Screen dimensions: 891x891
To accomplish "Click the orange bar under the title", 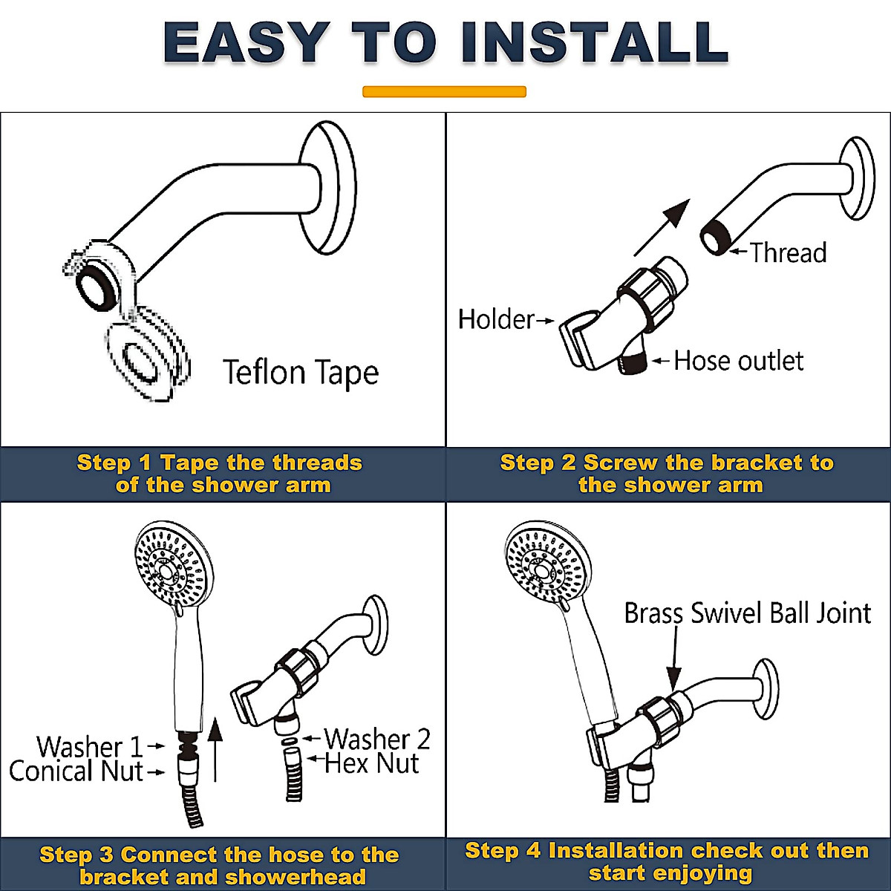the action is (x=444, y=91).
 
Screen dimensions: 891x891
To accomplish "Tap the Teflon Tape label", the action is (x=301, y=373).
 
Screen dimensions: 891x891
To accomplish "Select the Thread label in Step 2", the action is (x=789, y=253).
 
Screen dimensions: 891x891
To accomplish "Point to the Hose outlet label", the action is (x=739, y=361).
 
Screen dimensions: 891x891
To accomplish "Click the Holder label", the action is (x=496, y=319).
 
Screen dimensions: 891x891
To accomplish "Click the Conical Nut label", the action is (x=76, y=771).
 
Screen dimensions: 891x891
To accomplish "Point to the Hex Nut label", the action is (x=372, y=763).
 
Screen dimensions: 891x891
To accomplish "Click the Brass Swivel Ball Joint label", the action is (x=748, y=613).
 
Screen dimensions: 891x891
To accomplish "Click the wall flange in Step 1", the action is (x=328, y=187).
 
